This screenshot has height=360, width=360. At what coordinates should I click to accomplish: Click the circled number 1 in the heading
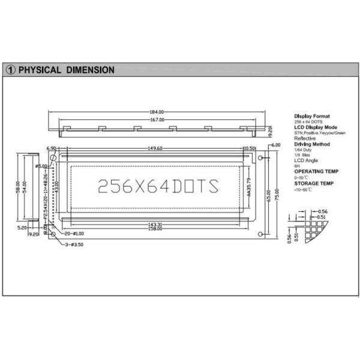(11, 70)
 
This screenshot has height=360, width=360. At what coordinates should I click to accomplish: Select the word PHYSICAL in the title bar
(40, 70)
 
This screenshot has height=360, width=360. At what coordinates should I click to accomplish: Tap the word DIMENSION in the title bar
(91, 70)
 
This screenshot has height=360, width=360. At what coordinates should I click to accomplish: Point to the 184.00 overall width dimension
(157, 112)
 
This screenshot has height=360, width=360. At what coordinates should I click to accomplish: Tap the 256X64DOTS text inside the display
(157, 185)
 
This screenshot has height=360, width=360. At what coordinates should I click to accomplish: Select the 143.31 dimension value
(157, 224)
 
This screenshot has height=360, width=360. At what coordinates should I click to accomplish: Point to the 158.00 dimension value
(157, 229)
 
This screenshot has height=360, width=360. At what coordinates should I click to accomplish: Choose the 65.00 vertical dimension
(269, 196)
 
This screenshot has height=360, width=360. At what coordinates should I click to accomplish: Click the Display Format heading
(312, 116)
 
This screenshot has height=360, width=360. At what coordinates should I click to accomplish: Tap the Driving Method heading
(312, 145)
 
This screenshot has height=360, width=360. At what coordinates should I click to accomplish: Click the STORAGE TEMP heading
(313, 183)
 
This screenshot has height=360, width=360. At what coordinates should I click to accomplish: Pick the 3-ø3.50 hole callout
(74, 245)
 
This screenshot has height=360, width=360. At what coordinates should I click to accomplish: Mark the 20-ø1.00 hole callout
(75, 233)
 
